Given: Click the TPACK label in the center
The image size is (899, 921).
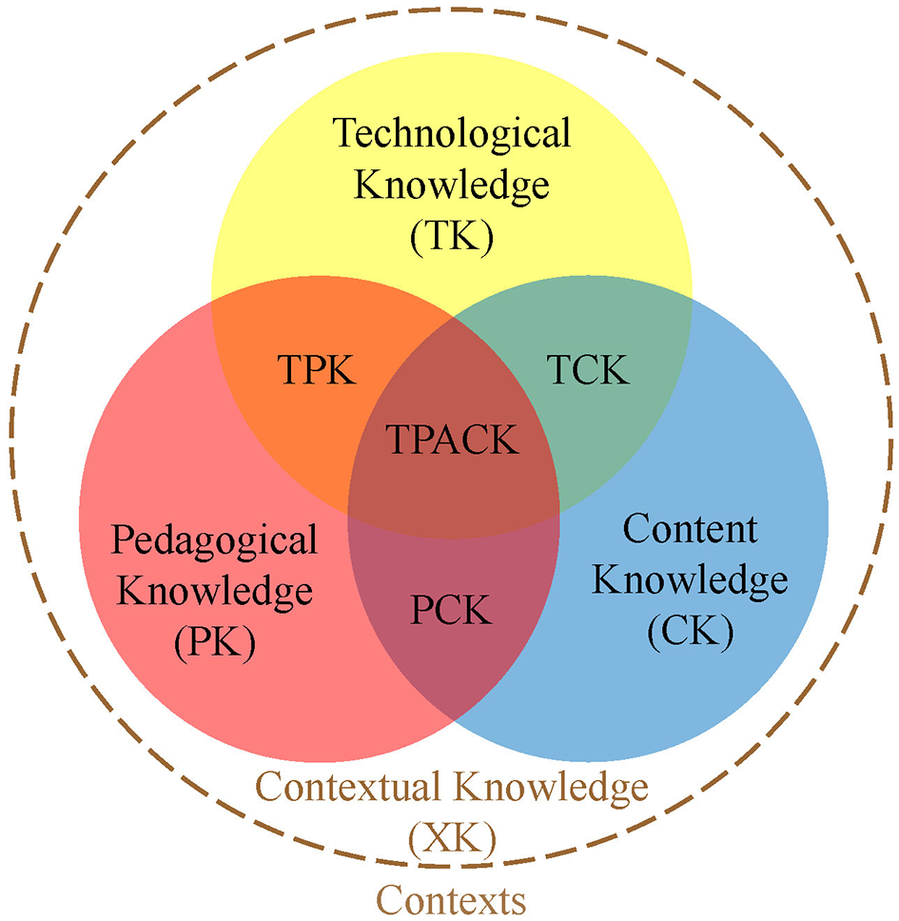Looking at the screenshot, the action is point(453,441).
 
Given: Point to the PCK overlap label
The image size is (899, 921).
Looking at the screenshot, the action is point(452,610).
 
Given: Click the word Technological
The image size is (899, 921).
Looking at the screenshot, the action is point(452,133).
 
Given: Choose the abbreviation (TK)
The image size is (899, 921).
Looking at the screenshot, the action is point(452,236).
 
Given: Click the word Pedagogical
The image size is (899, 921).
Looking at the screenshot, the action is point(214,541).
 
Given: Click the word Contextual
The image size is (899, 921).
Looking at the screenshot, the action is point(350,788).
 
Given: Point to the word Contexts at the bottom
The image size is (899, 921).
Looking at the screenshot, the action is point(452,897).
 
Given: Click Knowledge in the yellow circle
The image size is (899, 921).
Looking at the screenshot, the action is point(452,185).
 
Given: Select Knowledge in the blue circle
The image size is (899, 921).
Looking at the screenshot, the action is point(691,579).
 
